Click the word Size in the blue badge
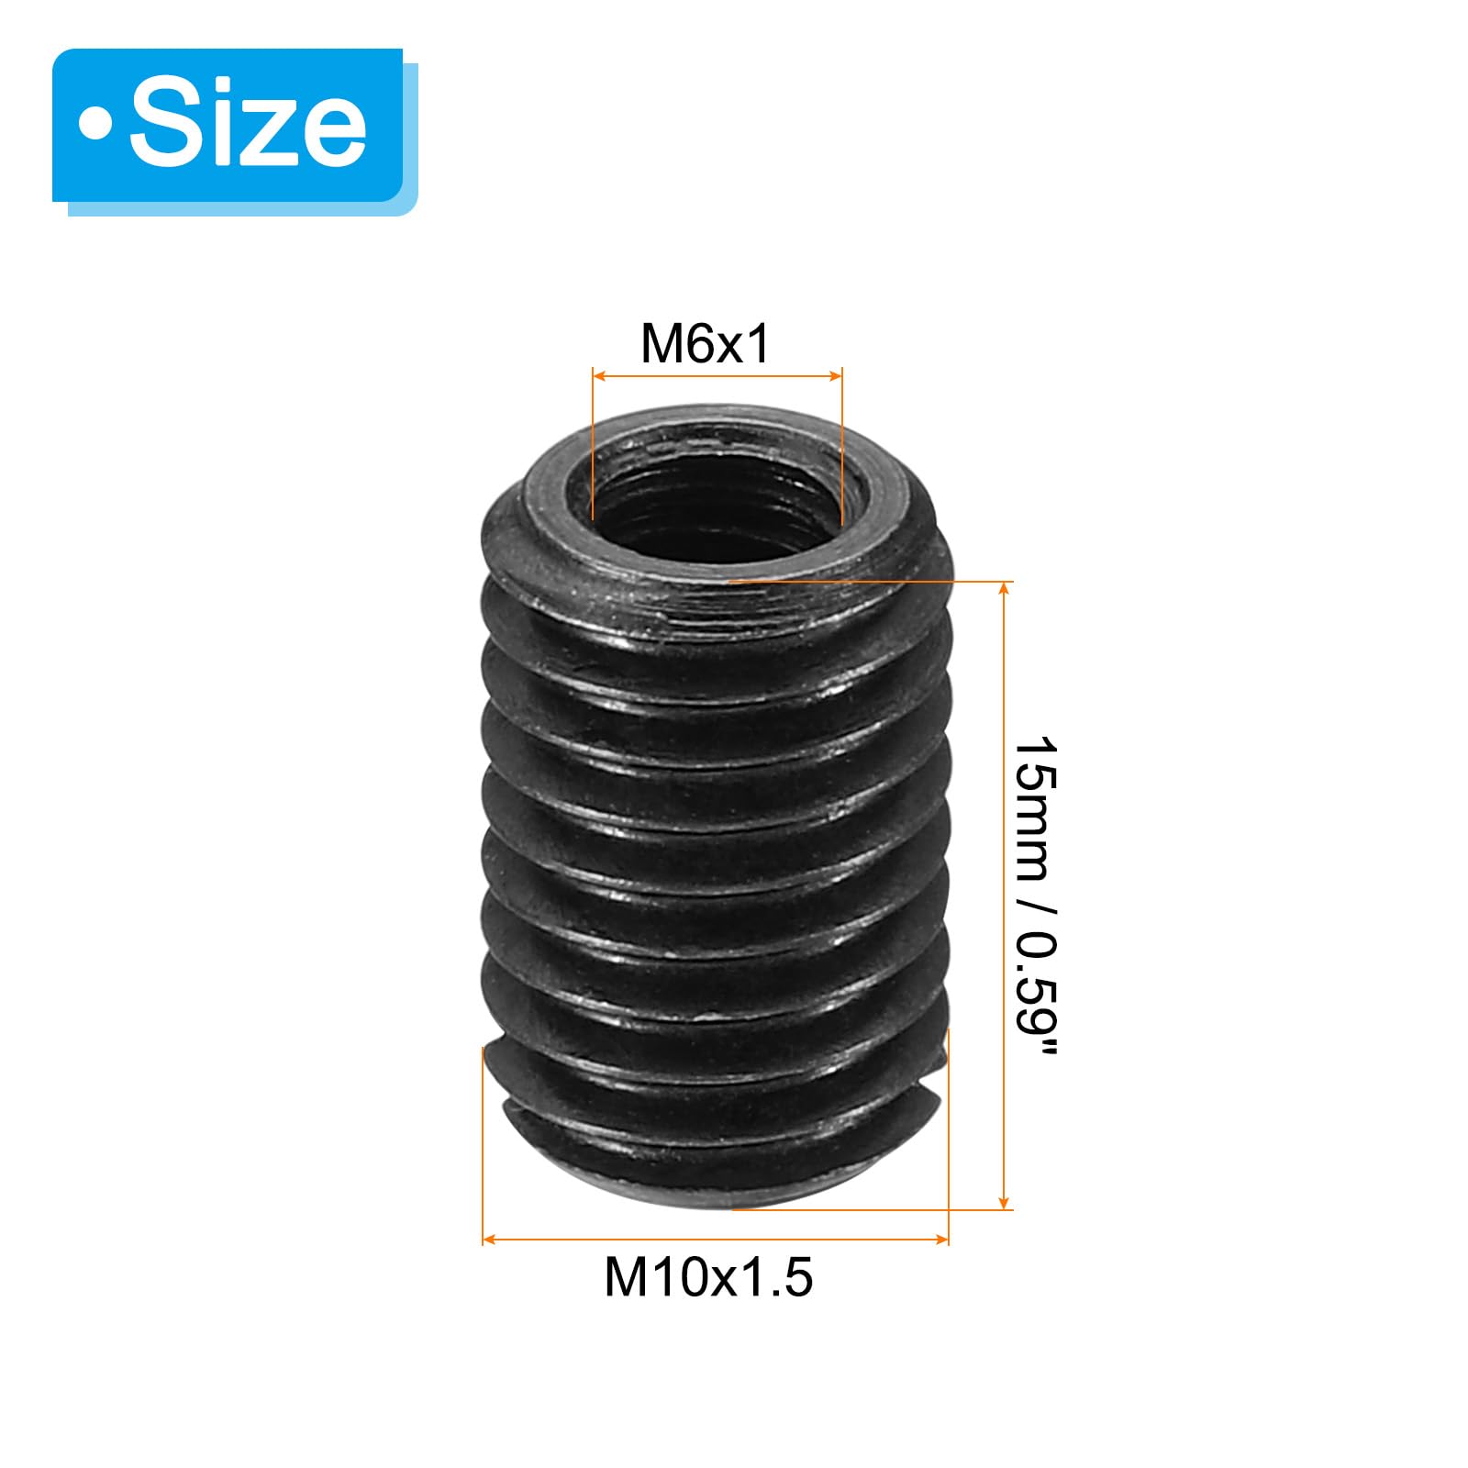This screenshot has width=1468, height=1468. (248, 124)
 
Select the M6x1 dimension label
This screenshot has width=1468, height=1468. (705, 344)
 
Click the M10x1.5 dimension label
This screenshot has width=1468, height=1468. (708, 1276)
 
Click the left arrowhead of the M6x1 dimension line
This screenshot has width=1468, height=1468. (599, 374)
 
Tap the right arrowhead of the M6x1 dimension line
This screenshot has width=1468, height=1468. (835, 374)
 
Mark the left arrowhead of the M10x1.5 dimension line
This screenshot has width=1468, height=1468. (489, 1240)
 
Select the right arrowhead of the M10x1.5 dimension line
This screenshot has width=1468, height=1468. (941, 1240)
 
